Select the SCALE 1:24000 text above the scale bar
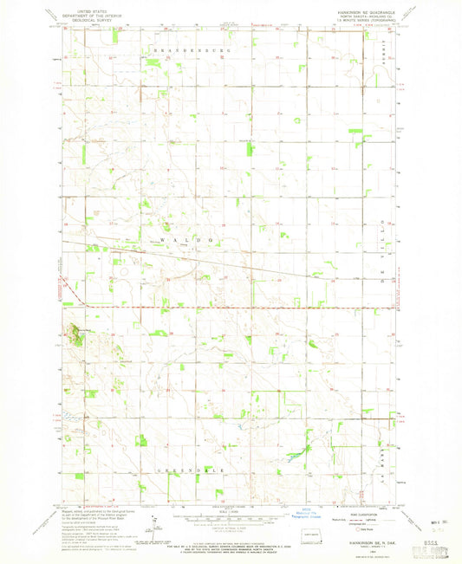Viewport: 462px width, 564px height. tap(231, 509)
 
